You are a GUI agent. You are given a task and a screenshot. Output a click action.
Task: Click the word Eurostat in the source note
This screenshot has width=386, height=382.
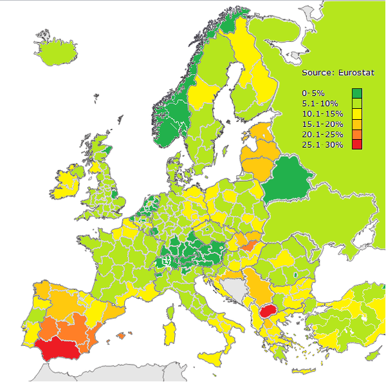coord(345,72)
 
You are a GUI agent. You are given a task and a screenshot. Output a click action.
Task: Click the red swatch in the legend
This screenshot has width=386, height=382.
coord(357,144)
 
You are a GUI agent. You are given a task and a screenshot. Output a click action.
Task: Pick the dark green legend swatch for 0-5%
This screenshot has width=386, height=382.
coord(357,93)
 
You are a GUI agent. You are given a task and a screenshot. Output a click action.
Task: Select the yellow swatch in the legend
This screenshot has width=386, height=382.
coord(357,113)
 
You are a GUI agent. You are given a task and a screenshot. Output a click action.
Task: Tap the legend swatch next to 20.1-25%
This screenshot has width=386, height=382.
coord(357,134)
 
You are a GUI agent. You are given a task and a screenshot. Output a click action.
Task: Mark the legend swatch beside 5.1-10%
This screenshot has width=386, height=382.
coord(357,103)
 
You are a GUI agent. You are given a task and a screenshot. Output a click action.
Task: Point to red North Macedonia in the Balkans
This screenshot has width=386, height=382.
coord(268,314)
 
